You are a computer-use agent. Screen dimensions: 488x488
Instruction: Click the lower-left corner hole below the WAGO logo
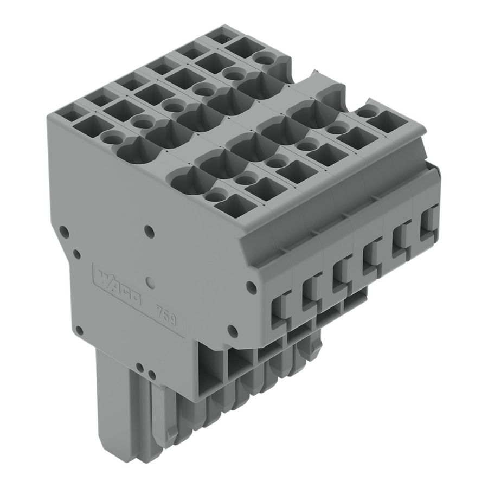pyautogui.click(x=79, y=329)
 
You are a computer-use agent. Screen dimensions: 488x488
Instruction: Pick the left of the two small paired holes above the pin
pyautogui.click(x=139, y=367)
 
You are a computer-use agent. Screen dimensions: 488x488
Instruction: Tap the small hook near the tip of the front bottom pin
pyautogui.click(x=169, y=434)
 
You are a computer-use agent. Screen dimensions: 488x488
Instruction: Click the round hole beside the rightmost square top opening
pyautogui.click(x=367, y=113)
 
